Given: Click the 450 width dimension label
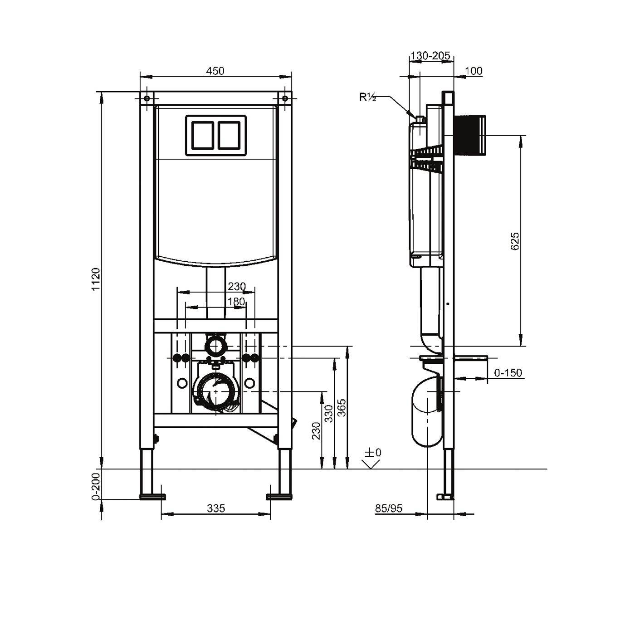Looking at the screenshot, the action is pyautogui.click(x=215, y=71).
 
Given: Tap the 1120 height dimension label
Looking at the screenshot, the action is pyautogui.click(x=96, y=279).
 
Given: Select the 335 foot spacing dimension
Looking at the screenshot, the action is pyautogui.click(x=216, y=508).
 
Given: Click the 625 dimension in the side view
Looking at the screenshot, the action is pyautogui.click(x=515, y=241).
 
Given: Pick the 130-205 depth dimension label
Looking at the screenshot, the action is pyautogui.click(x=430, y=56).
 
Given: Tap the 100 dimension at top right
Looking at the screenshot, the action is pyautogui.click(x=474, y=71).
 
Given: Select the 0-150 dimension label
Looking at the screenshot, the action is pyautogui.click(x=508, y=373).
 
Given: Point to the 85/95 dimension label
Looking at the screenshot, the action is pyautogui.click(x=389, y=508).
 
